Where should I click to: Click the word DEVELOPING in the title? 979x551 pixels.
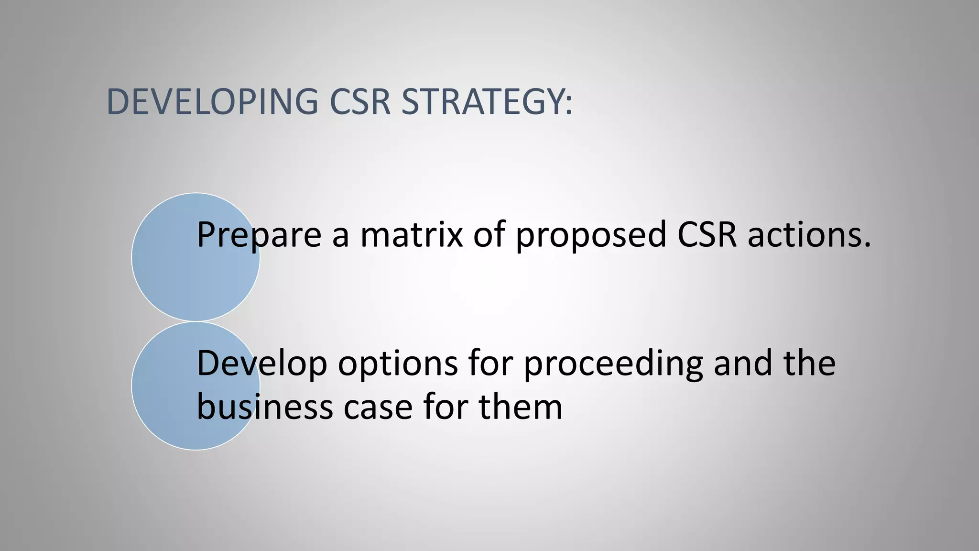[212, 102]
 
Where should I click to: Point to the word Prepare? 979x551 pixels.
[259, 235]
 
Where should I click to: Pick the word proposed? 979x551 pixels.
[591, 235]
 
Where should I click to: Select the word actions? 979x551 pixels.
[804, 235]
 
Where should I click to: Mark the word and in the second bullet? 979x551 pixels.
[742, 364]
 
